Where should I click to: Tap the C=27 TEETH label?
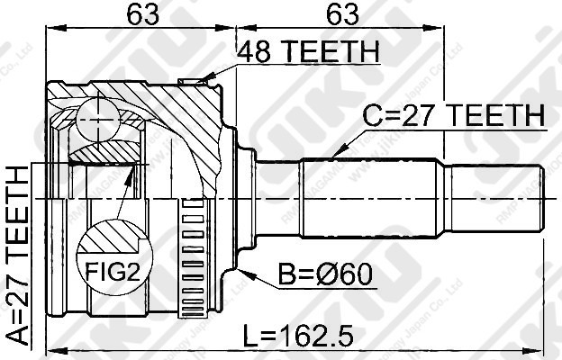click(454, 116)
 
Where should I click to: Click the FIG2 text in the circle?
click(113, 267)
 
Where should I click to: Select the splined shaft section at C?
click(369, 197)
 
